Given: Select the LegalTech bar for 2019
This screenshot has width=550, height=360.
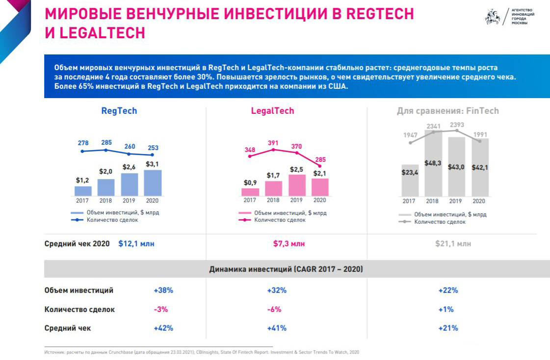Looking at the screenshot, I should point(296,185).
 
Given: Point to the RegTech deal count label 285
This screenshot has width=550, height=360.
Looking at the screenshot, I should point(106,143).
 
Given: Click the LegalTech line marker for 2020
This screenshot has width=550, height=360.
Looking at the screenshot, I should point(319,166).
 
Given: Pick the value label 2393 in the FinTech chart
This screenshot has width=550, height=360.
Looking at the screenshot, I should point(457,124).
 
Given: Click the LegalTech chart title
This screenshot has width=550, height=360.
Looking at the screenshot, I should point(273,111).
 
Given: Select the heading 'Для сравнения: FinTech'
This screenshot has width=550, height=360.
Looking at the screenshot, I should point(447,111).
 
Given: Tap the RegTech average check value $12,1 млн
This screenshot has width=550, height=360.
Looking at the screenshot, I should point(136,243).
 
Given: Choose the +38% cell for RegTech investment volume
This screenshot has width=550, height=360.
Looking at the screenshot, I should point(163,290).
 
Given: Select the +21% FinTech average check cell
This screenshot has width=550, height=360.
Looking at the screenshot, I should point(448,328).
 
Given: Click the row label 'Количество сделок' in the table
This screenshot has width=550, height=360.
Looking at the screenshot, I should point(79,309).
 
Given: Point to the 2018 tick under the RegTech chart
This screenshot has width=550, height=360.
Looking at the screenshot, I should point(106,201).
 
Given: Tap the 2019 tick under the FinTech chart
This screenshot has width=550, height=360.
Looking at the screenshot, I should point(456,201).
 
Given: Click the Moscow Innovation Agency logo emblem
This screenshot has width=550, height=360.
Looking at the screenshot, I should point(492,17).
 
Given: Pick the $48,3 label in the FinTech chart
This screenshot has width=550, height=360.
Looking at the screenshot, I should point(433,163).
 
